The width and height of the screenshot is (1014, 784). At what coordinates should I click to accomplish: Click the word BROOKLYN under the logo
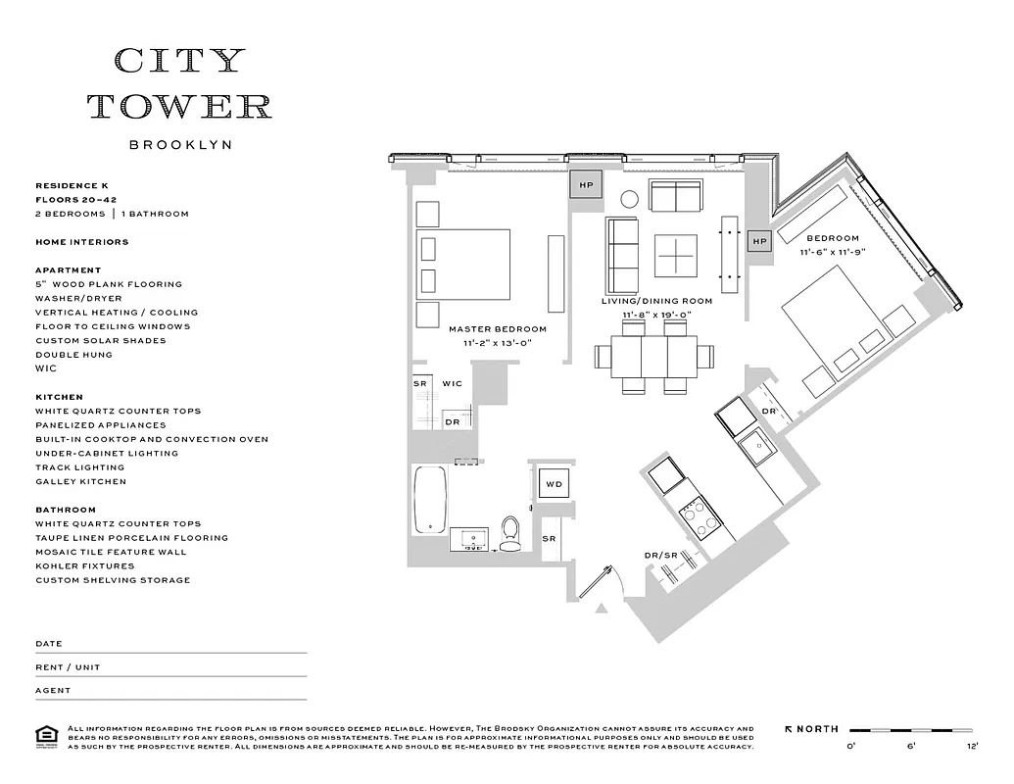pos(180,145)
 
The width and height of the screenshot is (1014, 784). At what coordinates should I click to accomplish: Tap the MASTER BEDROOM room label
pos(498,329)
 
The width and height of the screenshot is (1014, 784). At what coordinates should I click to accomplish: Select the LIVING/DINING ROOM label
pos(656,301)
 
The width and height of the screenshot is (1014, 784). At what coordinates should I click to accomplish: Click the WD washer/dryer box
pos(554,484)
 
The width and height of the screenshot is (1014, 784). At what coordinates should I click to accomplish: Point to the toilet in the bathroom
pos(509,532)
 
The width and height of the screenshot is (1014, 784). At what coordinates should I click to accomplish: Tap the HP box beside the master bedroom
pos(587,184)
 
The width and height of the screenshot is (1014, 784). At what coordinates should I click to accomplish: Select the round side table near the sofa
pos(630,199)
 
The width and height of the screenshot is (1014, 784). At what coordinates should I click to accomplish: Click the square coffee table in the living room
pos(677,253)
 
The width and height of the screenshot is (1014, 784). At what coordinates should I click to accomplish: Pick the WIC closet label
pos(452,383)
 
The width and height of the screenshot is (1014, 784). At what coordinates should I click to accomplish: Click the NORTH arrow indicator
pos(812,729)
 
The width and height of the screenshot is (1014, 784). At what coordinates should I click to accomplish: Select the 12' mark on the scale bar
pos(972,747)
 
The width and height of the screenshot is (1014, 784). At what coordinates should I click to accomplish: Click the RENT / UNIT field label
pos(68,667)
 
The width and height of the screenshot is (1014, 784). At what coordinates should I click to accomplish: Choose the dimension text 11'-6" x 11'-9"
pos(832,252)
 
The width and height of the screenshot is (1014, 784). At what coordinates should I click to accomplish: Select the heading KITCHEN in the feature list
pos(59,397)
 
